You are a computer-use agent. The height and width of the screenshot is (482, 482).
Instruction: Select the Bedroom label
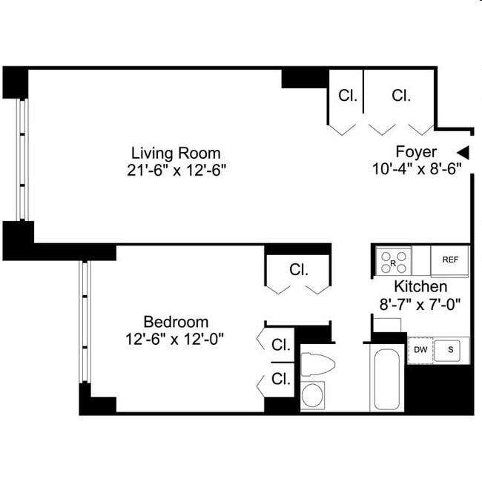(x=176, y=322)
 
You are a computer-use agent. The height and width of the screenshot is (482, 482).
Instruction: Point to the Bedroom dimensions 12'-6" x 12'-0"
(x=176, y=338)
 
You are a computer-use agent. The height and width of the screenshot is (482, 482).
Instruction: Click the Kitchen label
(x=420, y=286)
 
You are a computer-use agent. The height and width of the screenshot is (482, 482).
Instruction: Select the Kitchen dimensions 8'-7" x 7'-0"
(x=420, y=303)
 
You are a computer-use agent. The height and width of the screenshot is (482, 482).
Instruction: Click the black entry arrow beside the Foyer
(x=463, y=152)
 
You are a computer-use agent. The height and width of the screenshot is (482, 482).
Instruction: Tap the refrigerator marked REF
(x=450, y=260)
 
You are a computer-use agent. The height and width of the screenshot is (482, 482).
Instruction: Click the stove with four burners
(x=394, y=261)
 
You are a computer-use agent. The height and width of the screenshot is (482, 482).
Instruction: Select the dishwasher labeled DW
(x=420, y=349)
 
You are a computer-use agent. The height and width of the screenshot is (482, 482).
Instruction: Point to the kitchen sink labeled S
(x=450, y=349)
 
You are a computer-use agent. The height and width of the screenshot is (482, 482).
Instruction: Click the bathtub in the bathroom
(x=387, y=378)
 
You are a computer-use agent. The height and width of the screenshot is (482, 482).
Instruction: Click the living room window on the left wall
(x=22, y=159)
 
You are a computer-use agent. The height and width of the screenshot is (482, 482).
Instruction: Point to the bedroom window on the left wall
(x=85, y=322)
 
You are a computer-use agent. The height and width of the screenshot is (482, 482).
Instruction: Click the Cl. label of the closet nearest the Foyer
(x=401, y=95)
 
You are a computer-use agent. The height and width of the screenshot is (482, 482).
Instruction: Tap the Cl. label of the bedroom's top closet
(x=299, y=269)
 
